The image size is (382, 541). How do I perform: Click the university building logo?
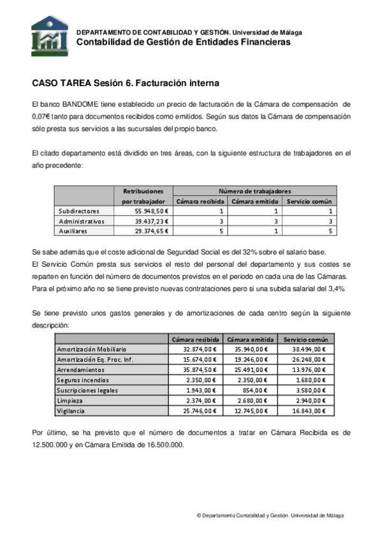point(49,36)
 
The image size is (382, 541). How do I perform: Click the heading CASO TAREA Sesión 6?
point(125,83)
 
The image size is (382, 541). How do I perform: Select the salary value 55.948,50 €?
point(151,210)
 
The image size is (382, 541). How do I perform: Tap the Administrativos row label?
point(82,221)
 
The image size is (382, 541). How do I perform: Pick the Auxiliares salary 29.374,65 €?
point(151,231)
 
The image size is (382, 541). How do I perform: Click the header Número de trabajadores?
point(254,191)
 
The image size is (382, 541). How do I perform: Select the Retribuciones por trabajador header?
point(143,196)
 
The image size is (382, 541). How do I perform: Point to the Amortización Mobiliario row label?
point(92,349)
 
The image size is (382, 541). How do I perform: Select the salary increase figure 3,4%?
point(335,288)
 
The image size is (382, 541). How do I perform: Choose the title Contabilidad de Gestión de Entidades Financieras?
point(183,42)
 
